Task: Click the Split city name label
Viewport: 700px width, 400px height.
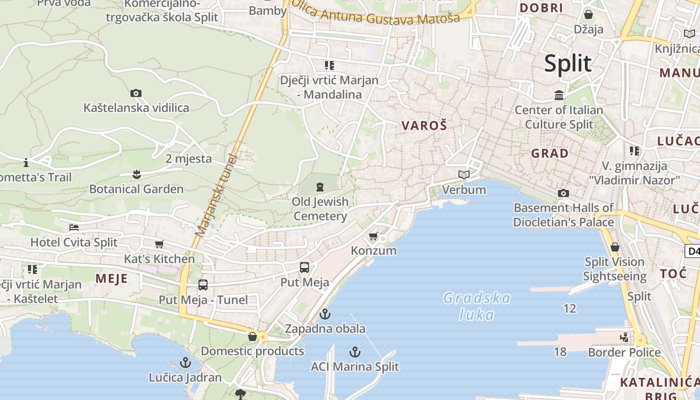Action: click(x=567, y=63)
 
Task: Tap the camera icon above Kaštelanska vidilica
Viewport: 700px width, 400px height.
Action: click(x=135, y=93)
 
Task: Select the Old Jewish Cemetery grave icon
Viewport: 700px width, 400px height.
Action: click(x=319, y=187)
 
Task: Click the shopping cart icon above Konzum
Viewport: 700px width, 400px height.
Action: click(x=373, y=236)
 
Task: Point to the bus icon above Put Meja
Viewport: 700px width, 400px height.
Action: click(x=304, y=267)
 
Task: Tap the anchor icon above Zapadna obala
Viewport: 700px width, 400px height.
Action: click(x=325, y=314)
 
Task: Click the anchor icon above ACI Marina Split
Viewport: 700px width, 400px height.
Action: click(x=354, y=352)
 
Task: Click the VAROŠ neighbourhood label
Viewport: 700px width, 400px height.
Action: click(x=424, y=126)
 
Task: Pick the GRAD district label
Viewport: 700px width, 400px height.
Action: click(x=549, y=153)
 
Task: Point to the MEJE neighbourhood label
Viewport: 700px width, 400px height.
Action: click(x=111, y=278)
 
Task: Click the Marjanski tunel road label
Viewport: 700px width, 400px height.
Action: click(x=216, y=195)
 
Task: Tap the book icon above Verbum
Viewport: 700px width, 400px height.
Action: click(x=464, y=174)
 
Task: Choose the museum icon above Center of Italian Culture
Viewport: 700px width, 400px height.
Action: click(x=558, y=95)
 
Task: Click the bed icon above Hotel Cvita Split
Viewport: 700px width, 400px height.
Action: click(x=74, y=227)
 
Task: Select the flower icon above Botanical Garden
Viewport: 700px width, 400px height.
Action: click(x=136, y=174)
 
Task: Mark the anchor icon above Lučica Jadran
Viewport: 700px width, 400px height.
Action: click(x=185, y=362)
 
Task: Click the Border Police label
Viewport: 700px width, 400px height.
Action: click(x=624, y=352)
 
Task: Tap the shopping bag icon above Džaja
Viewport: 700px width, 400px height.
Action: click(x=588, y=14)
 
